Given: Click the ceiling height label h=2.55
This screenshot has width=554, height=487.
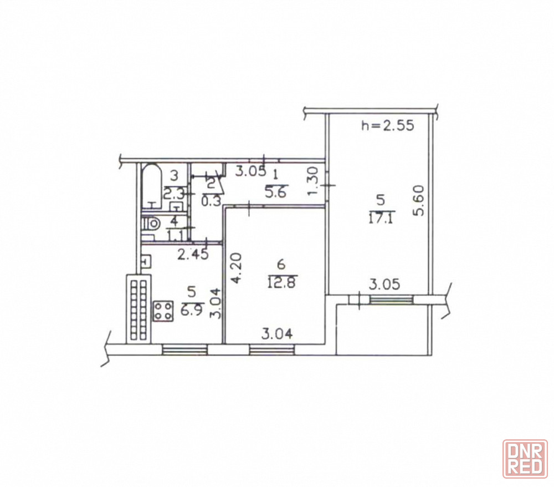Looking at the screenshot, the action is click(x=387, y=125).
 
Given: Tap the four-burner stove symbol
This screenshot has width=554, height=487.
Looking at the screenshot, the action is click(x=163, y=311).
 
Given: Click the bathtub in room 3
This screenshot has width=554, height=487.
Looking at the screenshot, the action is click(x=152, y=187).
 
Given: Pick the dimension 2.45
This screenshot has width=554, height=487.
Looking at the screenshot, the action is click(x=193, y=254).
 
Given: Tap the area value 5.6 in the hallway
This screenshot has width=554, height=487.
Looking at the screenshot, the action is click(x=277, y=192).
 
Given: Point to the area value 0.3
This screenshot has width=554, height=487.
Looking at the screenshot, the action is click(x=211, y=201).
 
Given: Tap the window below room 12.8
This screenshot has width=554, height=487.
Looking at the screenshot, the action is click(x=273, y=349).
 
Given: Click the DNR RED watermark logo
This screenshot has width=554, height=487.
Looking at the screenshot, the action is click(x=525, y=459).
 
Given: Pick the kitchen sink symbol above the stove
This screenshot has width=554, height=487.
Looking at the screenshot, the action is click(x=147, y=262).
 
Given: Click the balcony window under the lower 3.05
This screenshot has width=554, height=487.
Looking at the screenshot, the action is click(x=392, y=299).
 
